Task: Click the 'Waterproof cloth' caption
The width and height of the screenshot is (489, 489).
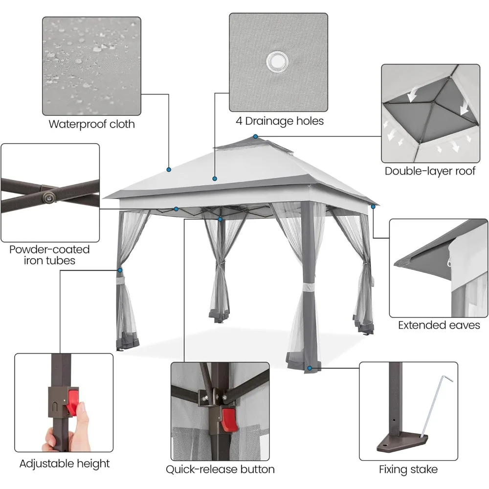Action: click(x=91, y=124)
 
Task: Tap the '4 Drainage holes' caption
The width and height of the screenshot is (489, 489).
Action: click(x=278, y=121)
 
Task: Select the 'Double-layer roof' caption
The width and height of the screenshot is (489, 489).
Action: click(x=430, y=171)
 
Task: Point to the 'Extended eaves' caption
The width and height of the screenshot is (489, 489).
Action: click(x=439, y=325)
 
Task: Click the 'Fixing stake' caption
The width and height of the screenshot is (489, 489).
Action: click(x=408, y=470)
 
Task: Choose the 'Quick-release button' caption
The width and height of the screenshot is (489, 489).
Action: click(x=220, y=469)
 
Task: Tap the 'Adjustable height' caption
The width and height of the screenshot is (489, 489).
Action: click(x=65, y=464)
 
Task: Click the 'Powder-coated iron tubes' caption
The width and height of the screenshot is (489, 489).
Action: click(x=50, y=255)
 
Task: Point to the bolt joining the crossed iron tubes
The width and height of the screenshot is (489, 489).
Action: click(x=48, y=197)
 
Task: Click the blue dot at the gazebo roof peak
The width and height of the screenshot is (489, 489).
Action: click(x=255, y=136)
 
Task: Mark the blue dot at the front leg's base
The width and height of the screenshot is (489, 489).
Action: click(x=310, y=367)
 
